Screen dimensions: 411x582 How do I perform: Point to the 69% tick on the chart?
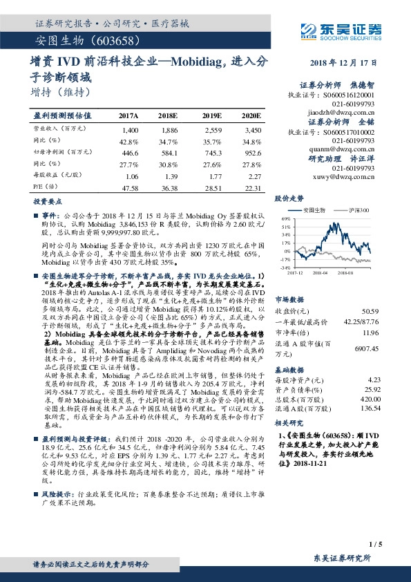pyautogui.click(x=286, y=218)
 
